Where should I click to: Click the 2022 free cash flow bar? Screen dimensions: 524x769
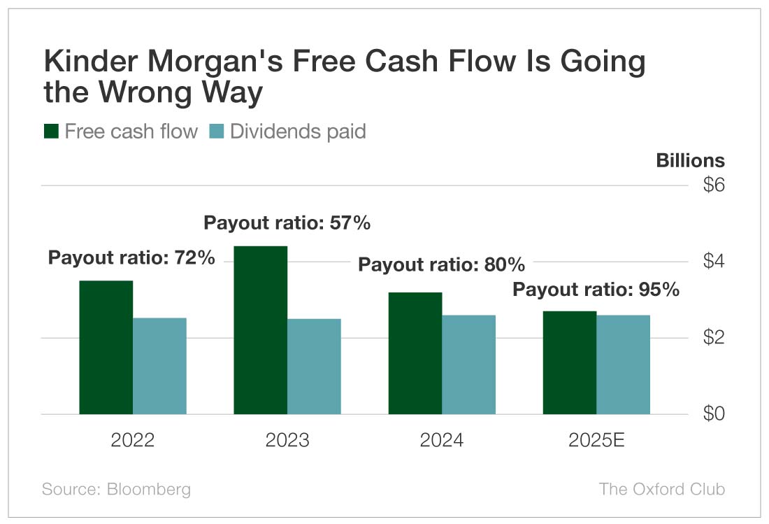106,347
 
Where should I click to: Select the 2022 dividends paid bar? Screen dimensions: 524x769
159,366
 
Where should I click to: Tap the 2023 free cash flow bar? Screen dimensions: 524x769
260,330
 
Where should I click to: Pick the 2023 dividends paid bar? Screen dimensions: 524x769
314,366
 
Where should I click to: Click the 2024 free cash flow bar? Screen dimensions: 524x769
415,353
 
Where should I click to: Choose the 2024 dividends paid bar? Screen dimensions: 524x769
468,364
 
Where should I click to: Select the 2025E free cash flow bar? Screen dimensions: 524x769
570,362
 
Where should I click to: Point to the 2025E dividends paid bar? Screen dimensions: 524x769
623,364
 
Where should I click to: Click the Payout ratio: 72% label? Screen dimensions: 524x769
131,257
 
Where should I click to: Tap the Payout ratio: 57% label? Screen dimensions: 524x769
287,223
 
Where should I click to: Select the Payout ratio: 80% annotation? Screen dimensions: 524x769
441,265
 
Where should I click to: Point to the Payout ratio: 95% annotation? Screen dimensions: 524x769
596,290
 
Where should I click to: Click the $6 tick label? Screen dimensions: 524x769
714,185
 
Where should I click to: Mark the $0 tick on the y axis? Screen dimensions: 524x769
714,414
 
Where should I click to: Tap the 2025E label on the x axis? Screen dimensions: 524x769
596,441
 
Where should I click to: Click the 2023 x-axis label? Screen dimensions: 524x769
287,441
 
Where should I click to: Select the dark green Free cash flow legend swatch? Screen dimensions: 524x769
51,131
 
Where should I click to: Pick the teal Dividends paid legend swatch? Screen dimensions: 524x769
216,131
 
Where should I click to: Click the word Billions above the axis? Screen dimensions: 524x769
690,160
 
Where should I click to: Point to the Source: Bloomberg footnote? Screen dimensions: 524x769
116,488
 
